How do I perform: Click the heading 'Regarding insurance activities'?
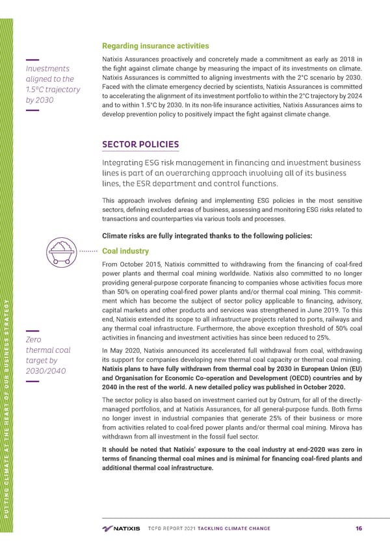click(155, 45)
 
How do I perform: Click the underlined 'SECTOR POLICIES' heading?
click(140, 144)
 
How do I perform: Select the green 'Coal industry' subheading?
click(126, 251)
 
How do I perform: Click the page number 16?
click(359, 528)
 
